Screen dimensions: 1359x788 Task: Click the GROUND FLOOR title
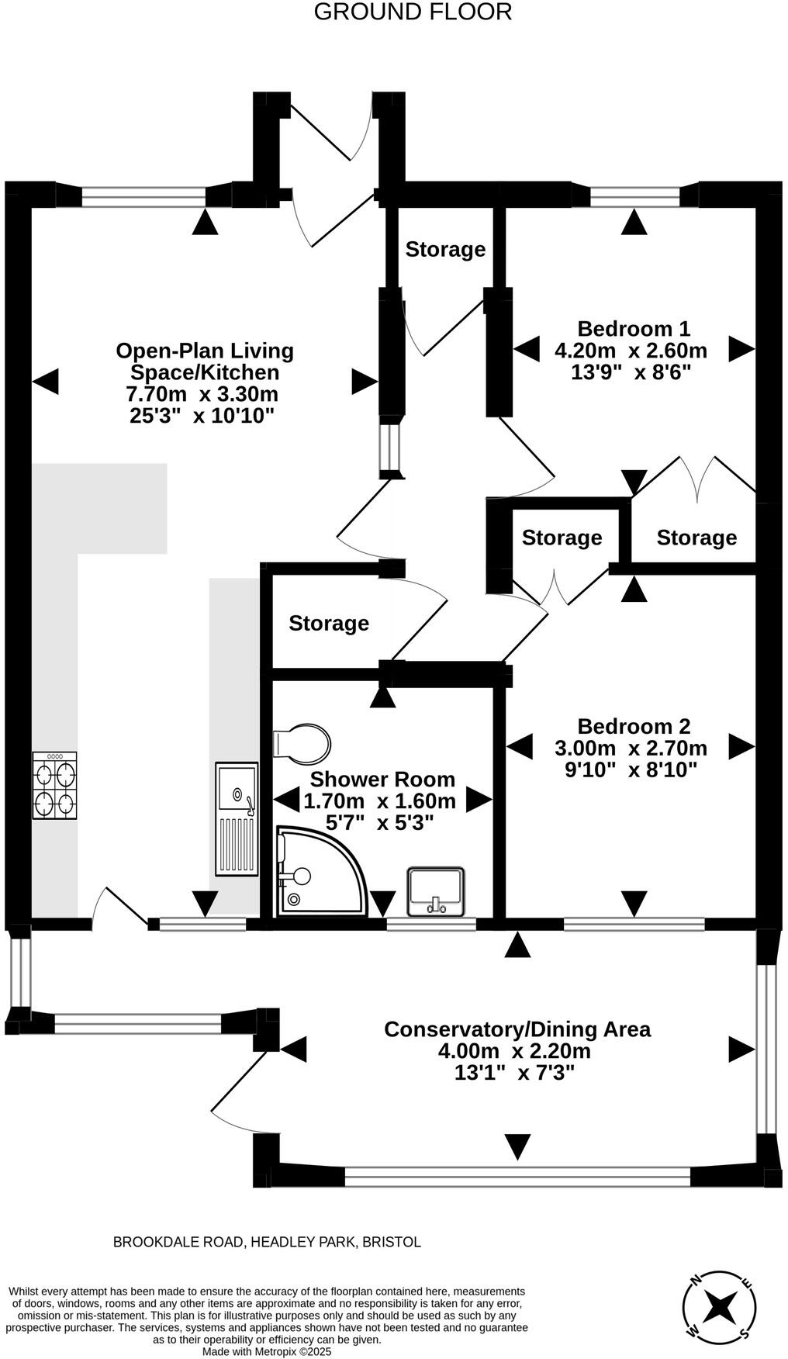point(413,12)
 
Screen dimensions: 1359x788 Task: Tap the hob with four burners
point(55,785)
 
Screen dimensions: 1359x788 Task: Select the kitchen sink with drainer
point(237,818)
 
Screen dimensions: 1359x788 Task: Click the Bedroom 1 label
point(634,329)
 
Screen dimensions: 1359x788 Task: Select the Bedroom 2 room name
point(634,727)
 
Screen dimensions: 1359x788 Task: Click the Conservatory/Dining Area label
point(517,1029)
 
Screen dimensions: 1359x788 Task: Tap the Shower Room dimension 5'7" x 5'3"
point(379,822)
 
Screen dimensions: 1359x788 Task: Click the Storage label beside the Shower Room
point(329,623)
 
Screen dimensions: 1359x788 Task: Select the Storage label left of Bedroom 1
point(445,250)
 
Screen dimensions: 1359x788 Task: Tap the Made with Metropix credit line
point(267,1351)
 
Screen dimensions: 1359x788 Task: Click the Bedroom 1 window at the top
point(635,196)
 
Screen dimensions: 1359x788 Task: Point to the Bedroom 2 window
point(634,924)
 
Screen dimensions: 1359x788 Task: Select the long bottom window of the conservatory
point(517,1177)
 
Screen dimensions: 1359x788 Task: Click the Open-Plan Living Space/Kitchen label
point(205,361)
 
